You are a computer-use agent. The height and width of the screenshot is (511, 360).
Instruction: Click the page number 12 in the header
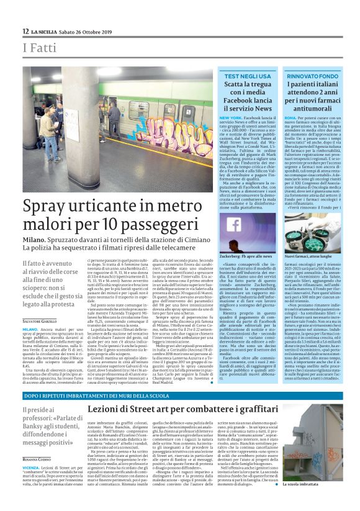coord(25,31)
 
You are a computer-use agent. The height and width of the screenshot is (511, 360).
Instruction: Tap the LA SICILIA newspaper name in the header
coord(46,31)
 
